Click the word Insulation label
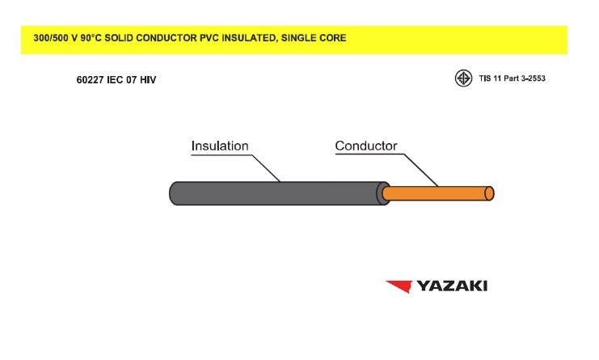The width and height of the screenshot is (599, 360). (220, 146)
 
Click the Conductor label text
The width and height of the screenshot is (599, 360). (366, 146)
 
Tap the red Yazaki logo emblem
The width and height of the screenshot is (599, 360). (399, 286)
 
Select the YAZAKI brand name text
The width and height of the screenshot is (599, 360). (452, 286)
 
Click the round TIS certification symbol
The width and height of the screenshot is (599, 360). (463, 78)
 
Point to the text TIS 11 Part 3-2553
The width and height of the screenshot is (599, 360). (512, 78)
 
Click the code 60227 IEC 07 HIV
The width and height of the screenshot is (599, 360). (116, 80)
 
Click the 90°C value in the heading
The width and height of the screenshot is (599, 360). (91, 38)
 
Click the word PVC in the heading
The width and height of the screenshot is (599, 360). (209, 38)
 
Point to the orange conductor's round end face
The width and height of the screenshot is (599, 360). (489, 193)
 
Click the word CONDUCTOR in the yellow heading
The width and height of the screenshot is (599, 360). (167, 38)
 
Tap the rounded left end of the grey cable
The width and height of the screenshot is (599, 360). (173, 193)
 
